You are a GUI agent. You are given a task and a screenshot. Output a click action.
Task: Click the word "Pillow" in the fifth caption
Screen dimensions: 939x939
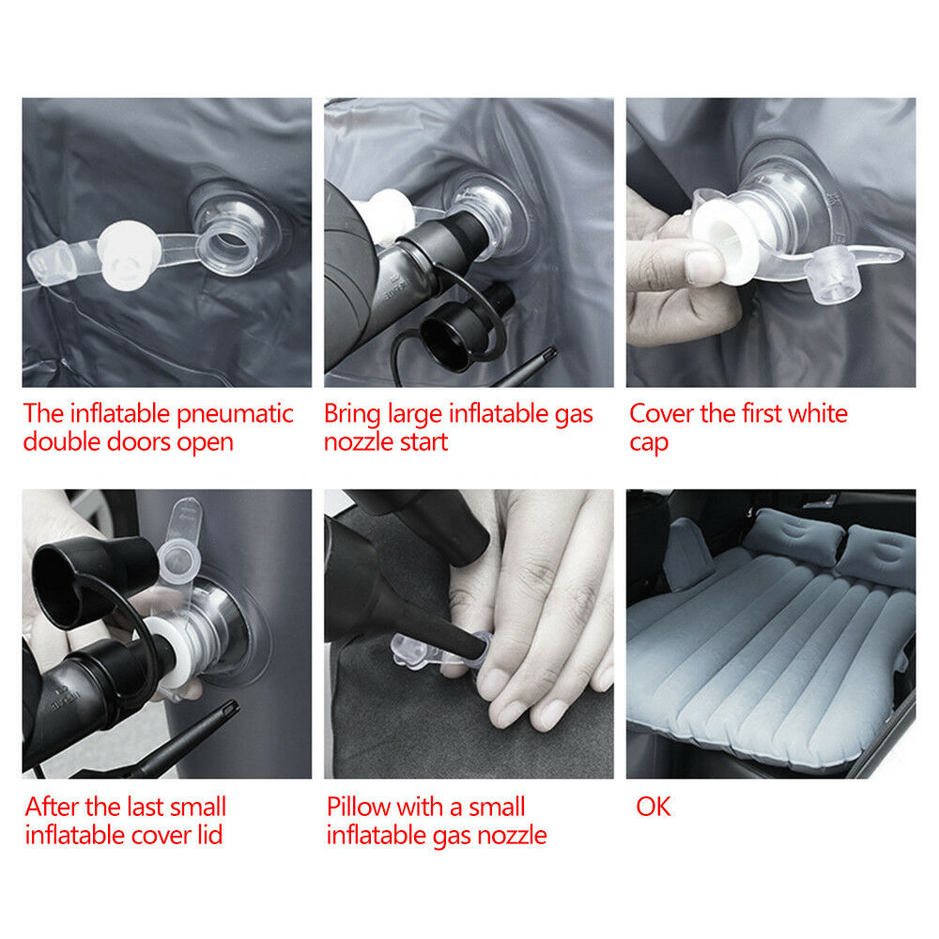click(x=359, y=807)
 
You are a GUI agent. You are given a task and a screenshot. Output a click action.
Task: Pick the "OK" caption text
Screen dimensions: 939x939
click(x=654, y=807)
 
